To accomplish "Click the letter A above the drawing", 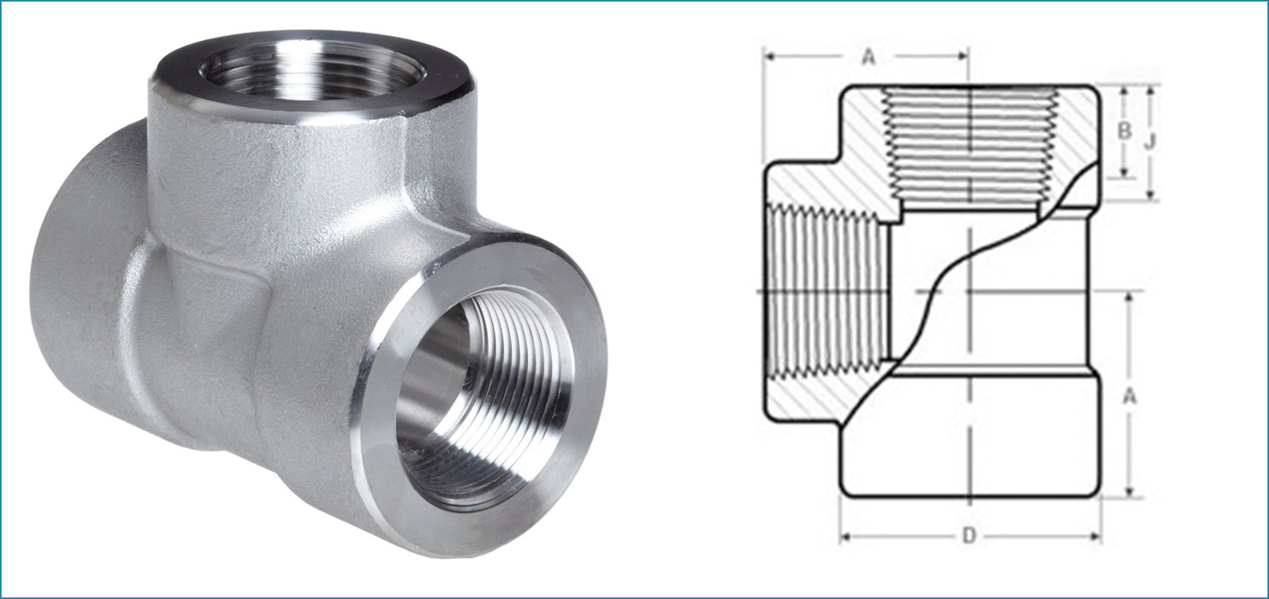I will [x=869, y=57].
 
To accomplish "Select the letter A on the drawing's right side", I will [x=1130, y=395].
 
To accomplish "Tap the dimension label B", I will [x=1125, y=132].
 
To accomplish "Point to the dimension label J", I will [x=1151, y=142].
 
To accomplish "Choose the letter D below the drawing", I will [x=969, y=537].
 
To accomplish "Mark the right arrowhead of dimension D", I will [x=1095, y=537].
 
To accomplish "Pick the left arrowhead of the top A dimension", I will [x=769, y=57].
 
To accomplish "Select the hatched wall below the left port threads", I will [x=821, y=398].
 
